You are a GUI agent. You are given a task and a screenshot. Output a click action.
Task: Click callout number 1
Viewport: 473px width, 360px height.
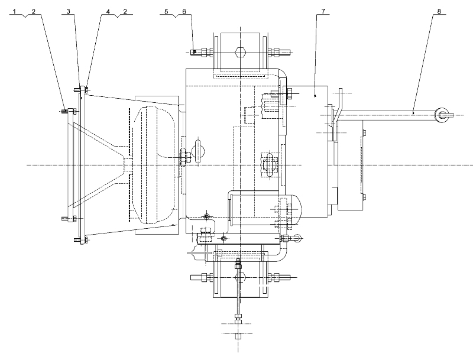click(x=14, y=11)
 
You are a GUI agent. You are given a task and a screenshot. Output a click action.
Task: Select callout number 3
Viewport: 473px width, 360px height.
click(x=68, y=11)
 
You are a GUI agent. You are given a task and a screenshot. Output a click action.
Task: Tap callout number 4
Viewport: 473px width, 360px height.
click(x=108, y=11)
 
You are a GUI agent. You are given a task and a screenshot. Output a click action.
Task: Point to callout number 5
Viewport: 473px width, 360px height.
click(x=166, y=11)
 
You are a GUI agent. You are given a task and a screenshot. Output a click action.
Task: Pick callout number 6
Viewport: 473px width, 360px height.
click(x=184, y=11)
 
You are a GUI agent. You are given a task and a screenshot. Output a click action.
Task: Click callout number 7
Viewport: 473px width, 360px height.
click(x=323, y=11)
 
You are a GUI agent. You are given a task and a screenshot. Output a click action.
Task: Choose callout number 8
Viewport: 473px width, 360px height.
click(x=439, y=11)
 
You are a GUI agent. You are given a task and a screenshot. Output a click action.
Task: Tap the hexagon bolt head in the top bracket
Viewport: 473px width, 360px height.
click(x=241, y=53)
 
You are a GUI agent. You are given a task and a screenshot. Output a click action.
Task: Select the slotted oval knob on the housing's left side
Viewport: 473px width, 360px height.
click(x=198, y=151)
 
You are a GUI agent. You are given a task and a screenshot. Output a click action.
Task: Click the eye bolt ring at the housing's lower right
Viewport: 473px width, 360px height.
click(x=297, y=238)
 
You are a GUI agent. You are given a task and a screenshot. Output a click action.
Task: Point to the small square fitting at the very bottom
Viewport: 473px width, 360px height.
click(x=238, y=336)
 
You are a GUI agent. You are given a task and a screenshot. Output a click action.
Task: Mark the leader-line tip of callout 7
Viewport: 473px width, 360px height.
click(x=315, y=96)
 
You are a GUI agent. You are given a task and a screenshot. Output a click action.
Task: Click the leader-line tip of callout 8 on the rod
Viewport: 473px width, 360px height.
click(x=413, y=113)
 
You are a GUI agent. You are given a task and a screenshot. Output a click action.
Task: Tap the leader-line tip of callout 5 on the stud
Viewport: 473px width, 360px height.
click(x=195, y=52)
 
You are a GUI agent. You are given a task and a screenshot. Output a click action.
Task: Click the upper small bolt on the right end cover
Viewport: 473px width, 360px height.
click(x=364, y=132)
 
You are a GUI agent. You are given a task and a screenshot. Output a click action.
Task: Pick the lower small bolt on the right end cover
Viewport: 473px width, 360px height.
click(x=364, y=197)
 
